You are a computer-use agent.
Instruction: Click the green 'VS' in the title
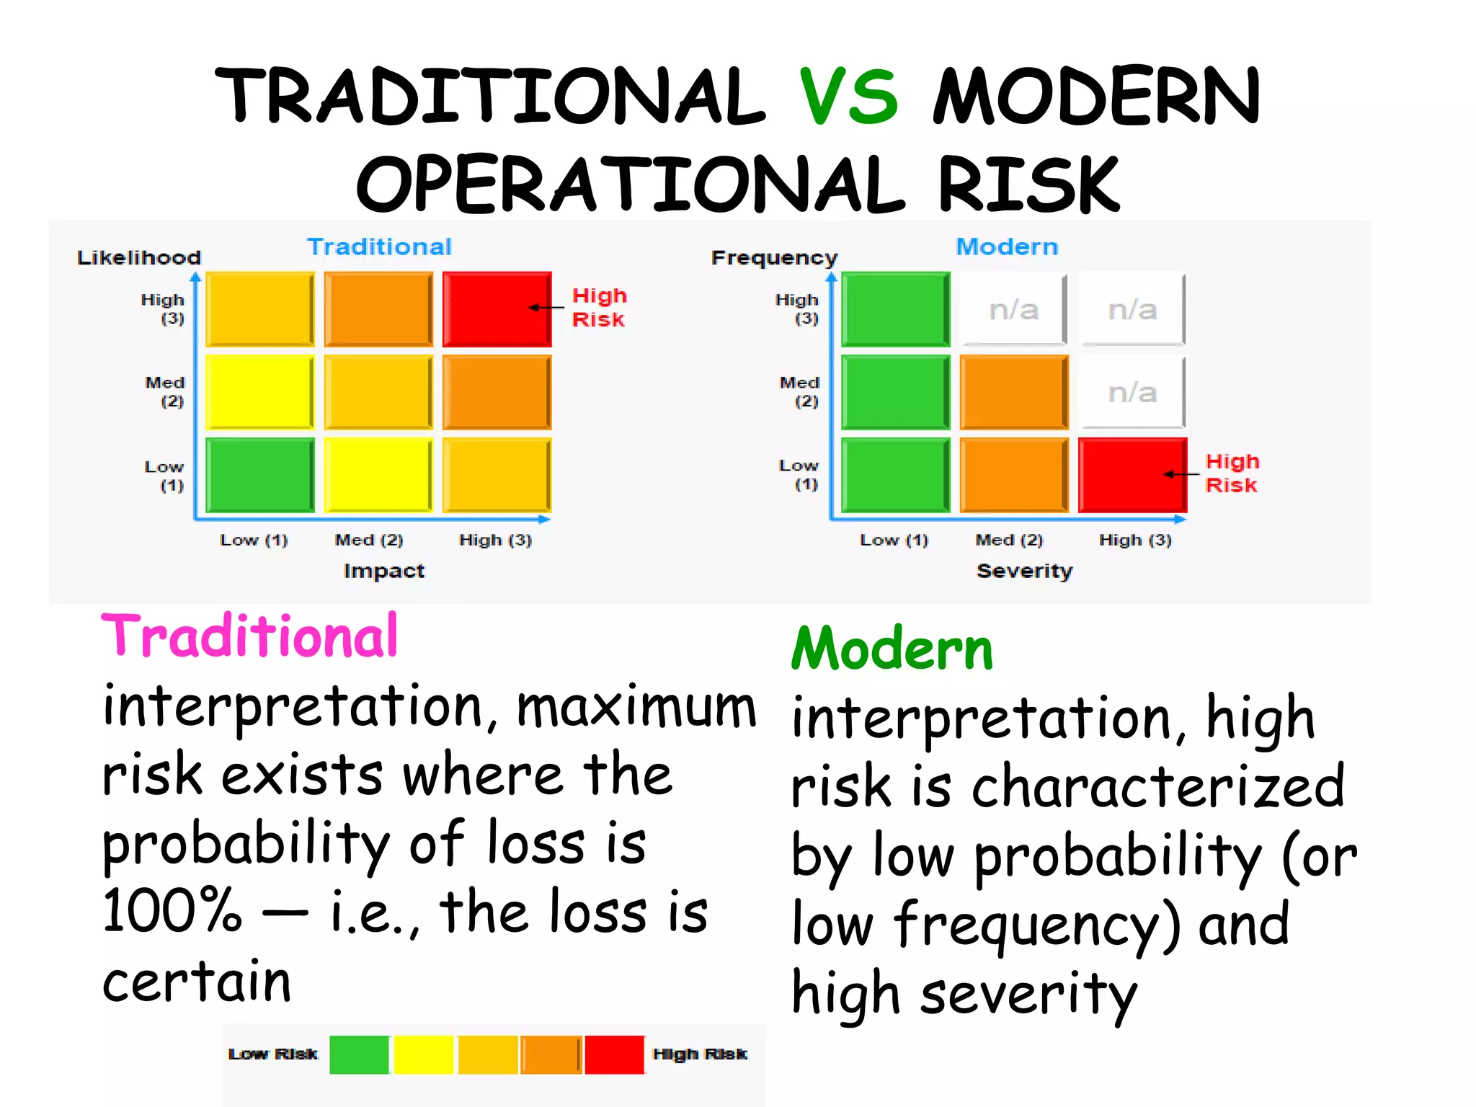(849, 96)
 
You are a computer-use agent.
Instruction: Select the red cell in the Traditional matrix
(497, 308)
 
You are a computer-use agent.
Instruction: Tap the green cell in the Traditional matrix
(259, 474)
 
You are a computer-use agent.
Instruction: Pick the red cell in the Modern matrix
(1132, 474)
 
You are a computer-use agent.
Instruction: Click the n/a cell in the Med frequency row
(1132, 392)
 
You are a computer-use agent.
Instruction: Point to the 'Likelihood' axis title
(139, 257)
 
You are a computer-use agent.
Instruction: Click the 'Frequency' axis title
(774, 257)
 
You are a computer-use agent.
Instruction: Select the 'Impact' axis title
(384, 571)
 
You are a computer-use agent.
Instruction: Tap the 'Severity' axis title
(1024, 571)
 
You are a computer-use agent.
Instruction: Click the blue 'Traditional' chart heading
(380, 246)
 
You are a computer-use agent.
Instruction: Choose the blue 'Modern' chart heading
(1007, 246)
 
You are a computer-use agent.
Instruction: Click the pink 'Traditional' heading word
(249, 636)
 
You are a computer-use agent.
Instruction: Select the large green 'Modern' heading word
(892, 649)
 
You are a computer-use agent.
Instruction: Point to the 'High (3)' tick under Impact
(496, 540)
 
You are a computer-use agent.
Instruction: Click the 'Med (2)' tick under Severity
(1009, 540)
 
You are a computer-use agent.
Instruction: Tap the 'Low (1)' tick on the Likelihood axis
(165, 476)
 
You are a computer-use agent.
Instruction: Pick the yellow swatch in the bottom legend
(424, 1054)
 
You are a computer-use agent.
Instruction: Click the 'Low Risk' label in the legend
(272, 1054)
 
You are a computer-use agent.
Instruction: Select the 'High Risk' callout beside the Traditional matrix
(599, 308)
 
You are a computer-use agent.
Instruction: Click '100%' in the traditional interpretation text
(172, 911)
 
